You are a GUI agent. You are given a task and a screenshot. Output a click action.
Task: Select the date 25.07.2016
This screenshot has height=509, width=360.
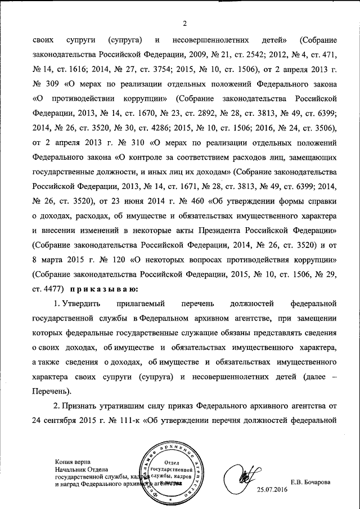272,490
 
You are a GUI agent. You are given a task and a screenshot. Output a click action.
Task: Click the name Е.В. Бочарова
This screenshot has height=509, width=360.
310,482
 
